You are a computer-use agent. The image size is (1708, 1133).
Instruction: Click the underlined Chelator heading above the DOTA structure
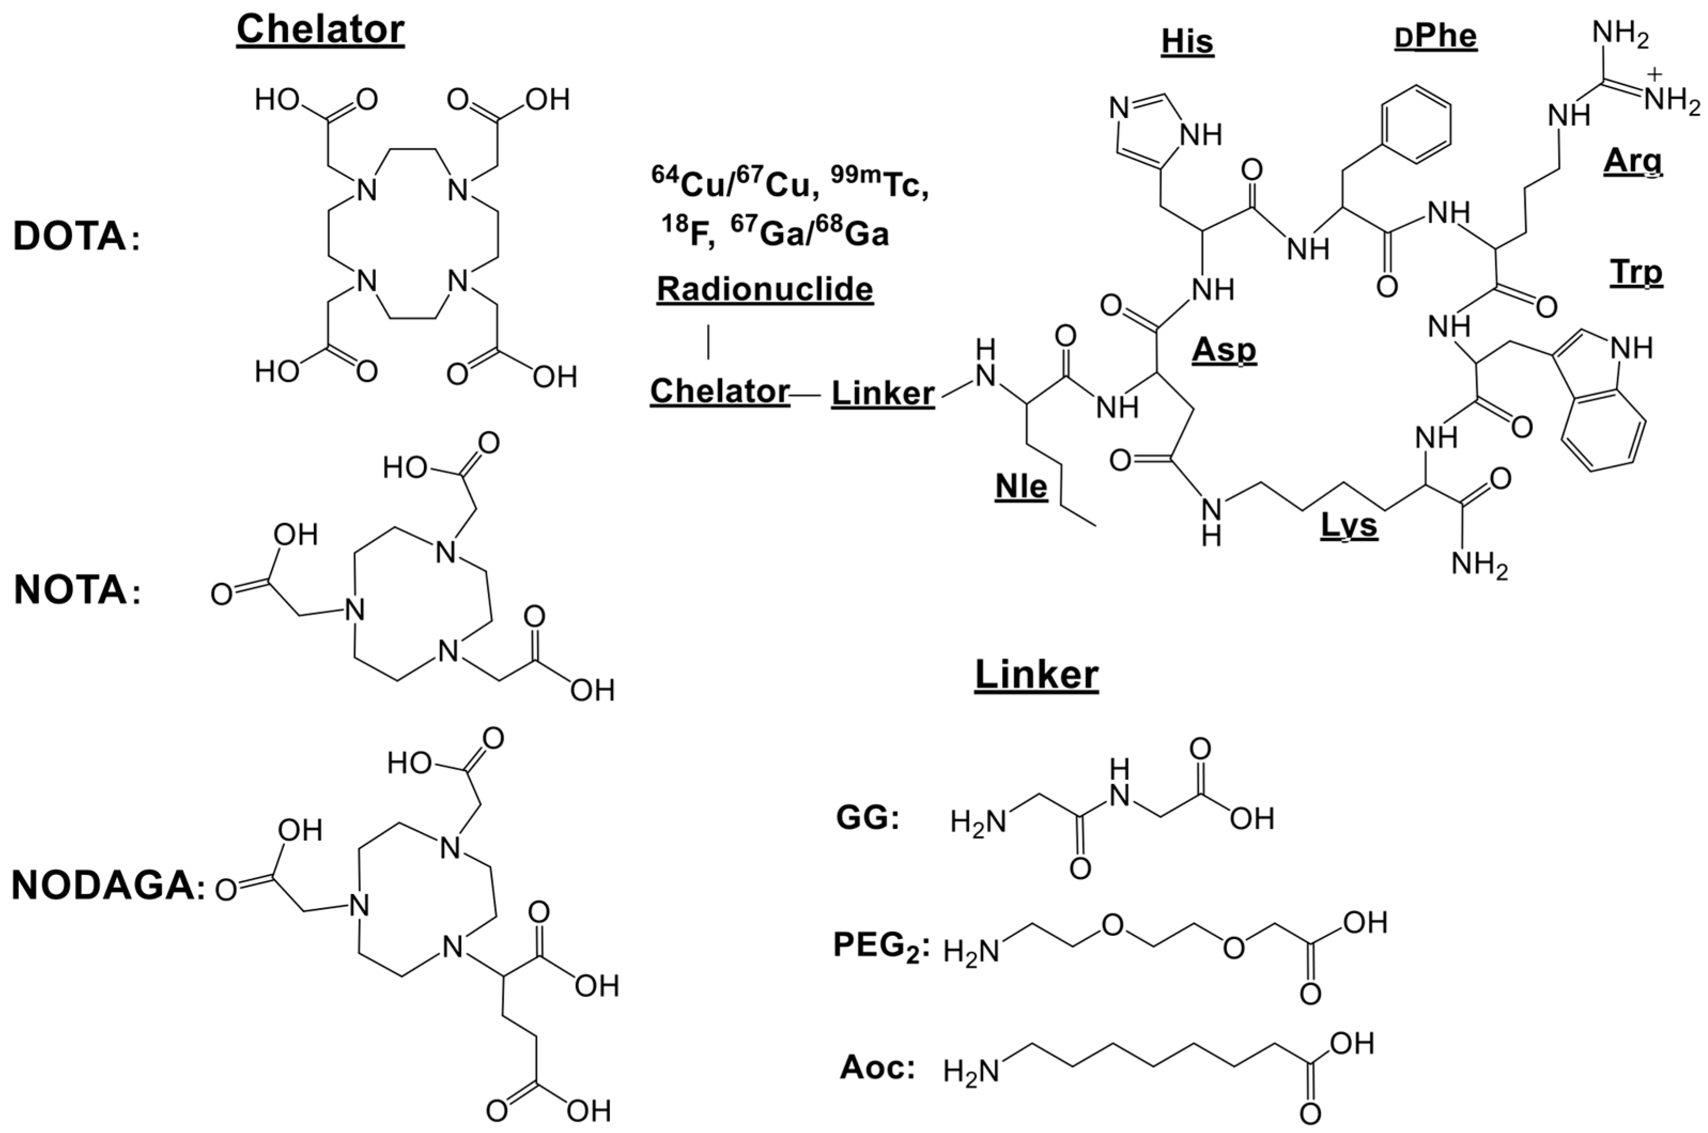[x=320, y=30]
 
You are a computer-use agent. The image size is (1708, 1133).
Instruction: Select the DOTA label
[x=71, y=237]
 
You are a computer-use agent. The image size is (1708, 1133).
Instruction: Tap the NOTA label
[x=71, y=591]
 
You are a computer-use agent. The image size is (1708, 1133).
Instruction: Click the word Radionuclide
[x=764, y=289]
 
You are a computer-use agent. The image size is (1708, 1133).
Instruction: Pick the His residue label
[x=1187, y=42]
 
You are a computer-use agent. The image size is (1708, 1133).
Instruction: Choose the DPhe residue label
[x=1435, y=36]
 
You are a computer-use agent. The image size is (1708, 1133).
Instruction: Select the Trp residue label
[x=1636, y=273]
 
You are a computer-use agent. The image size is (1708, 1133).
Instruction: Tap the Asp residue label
[x=1224, y=350]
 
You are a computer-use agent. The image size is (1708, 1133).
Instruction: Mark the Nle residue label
[x=1021, y=487]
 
